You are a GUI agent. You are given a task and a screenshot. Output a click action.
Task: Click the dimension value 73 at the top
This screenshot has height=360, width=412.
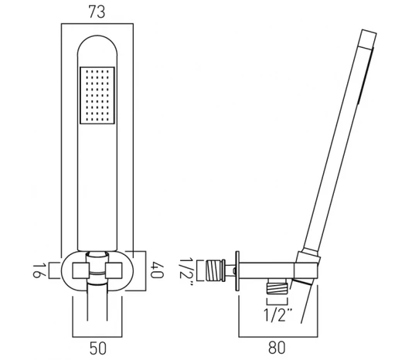tap(97, 12)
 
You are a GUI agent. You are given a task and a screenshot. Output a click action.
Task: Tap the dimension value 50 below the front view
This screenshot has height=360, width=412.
tap(98, 348)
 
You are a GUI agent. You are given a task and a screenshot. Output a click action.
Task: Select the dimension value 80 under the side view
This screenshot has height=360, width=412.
tap(277, 348)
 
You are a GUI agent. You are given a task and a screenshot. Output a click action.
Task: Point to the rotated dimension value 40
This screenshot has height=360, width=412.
tap(157, 270)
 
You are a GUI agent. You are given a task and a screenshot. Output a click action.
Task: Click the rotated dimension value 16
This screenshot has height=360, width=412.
tap(39, 270)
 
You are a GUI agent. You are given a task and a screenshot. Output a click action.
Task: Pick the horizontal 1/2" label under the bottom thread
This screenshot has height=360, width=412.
tap(278, 315)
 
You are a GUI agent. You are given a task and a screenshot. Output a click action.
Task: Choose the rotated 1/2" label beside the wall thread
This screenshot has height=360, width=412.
tap(187, 271)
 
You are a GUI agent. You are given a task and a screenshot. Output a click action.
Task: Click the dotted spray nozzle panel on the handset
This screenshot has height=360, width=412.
tap(97, 95)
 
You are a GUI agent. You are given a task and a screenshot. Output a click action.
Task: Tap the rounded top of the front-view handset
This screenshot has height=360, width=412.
tap(97, 36)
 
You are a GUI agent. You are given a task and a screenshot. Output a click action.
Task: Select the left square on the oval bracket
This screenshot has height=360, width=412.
tap(80, 270)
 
